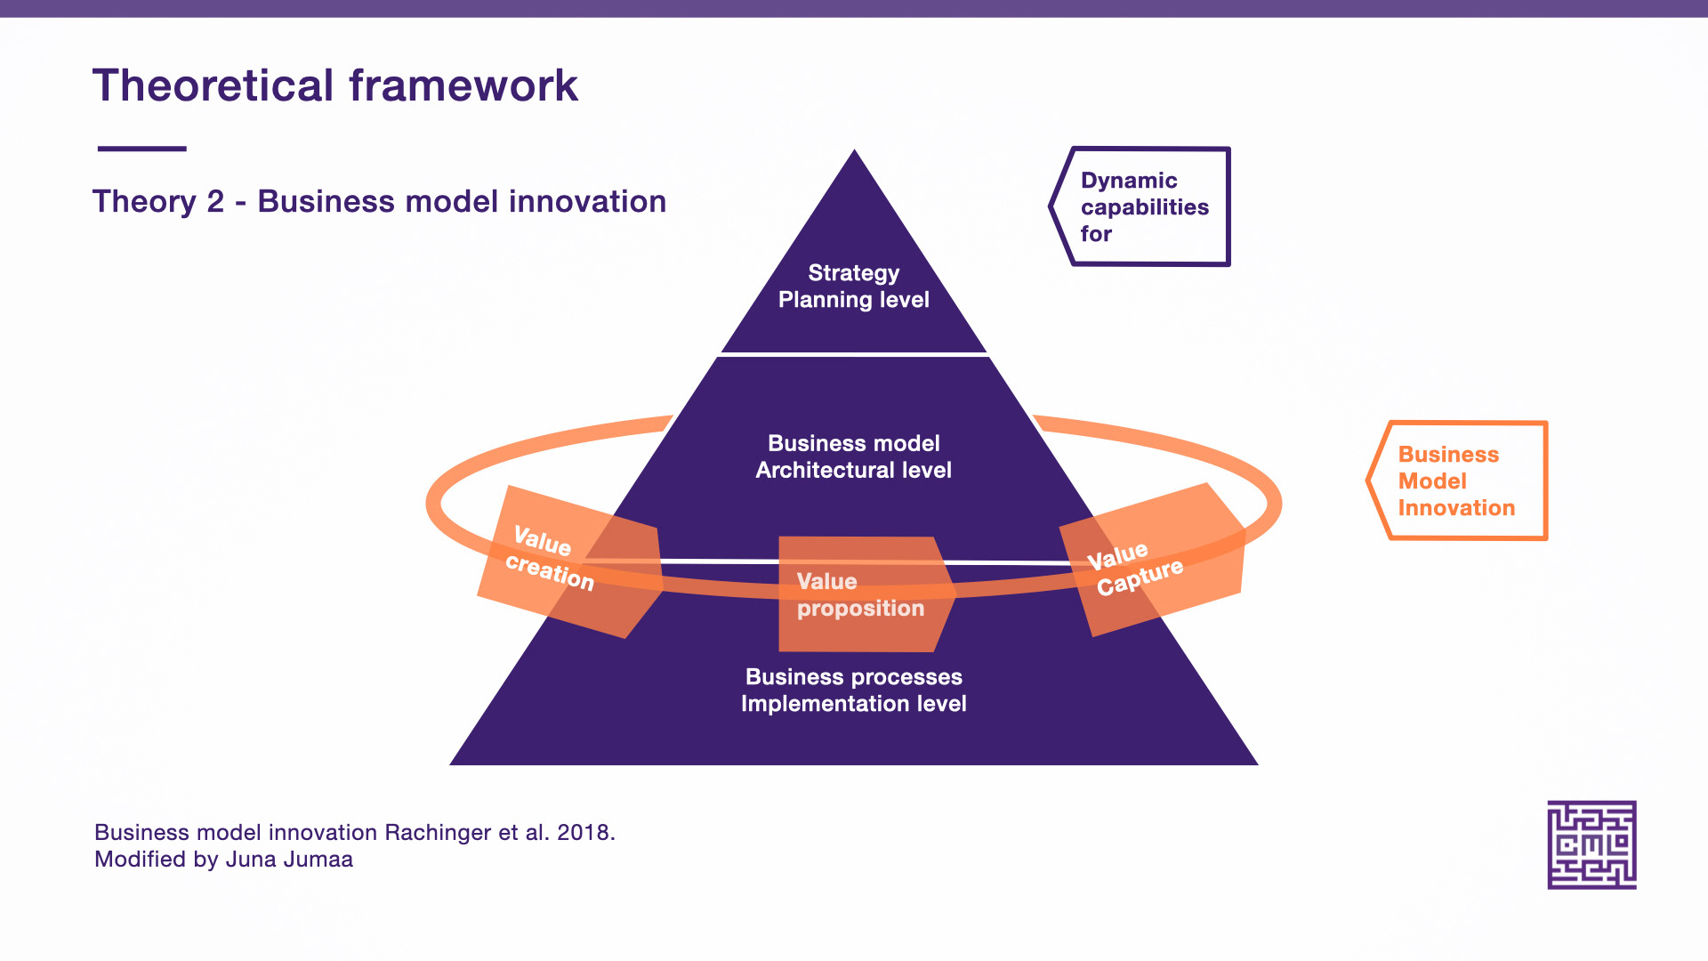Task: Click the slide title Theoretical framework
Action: click(x=335, y=85)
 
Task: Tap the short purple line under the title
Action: click(x=142, y=149)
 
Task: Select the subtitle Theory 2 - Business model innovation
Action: click(x=379, y=202)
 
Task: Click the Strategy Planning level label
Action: click(x=854, y=287)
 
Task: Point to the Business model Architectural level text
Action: click(x=854, y=456)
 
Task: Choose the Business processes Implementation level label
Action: click(x=854, y=690)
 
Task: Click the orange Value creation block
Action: click(x=570, y=561)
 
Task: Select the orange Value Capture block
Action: click(x=1151, y=560)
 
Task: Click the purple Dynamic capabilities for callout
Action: click(x=1140, y=206)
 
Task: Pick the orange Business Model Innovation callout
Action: click(x=1457, y=480)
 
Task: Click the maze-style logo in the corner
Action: click(x=1592, y=844)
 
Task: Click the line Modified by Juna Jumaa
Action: click(x=224, y=860)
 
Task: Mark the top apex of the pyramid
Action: click(x=855, y=149)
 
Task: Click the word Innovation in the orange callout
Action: click(x=1456, y=508)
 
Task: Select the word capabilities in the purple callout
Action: click(x=1145, y=207)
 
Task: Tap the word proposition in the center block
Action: click(x=861, y=609)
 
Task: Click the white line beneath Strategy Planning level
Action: click(x=854, y=354)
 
